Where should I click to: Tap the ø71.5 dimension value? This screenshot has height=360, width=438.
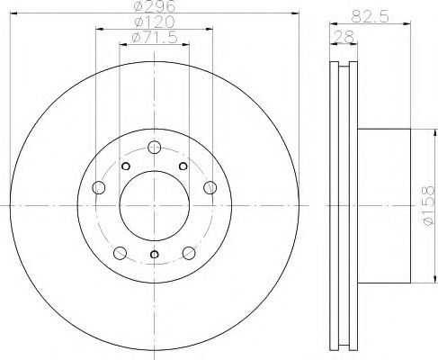[x=154, y=37]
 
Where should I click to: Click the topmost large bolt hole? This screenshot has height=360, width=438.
[x=155, y=147]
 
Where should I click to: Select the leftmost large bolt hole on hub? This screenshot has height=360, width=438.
[x=99, y=187]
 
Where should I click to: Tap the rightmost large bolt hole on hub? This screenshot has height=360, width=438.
[x=210, y=187]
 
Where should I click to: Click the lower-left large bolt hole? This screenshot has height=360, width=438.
[x=120, y=252]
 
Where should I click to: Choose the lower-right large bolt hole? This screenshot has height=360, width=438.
[x=189, y=252]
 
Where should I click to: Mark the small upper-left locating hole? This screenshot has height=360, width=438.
[x=127, y=166]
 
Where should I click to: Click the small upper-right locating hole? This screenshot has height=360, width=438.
[x=183, y=166]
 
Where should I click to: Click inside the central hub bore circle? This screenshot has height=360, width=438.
[x=155, y=206]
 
